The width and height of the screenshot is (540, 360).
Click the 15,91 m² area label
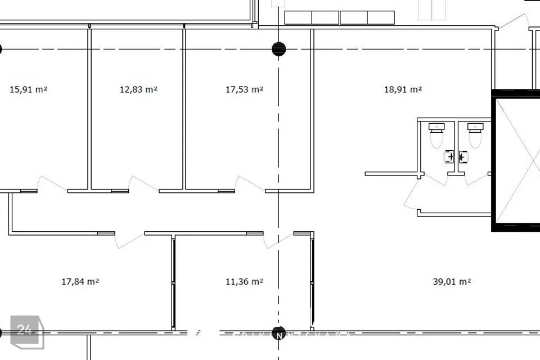click(x=29, y=89)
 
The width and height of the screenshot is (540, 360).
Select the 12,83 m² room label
click(x=138, y=89)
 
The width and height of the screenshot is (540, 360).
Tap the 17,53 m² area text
click(x=245, y=89)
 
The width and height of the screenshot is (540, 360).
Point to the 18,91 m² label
click(x=403, y=89)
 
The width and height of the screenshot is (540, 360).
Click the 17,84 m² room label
click(x=80, y=282)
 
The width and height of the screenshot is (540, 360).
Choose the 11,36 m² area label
click(x=245, y=282)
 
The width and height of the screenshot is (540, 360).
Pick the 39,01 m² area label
click(x=452, y=282)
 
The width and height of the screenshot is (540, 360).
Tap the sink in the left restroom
click(x=449, y=157)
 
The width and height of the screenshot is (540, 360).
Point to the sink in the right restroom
click(x=463, y=157)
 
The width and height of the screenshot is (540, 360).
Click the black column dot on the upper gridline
click(x=278, y=49)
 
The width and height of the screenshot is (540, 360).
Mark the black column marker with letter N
click(x=278, y=334)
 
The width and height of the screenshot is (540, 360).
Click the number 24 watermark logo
click(x=27, y=332)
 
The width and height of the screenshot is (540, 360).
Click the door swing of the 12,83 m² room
click(x=143, y=184)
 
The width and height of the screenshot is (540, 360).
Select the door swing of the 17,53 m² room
click(x=250, y=184)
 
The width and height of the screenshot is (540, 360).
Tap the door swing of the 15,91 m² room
click(x=52, y=184)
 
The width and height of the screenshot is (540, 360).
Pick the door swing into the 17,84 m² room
click(x=129, y=240)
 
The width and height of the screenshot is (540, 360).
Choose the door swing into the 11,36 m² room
click(x=278, y=240)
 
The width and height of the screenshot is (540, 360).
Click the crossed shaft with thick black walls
click(x=516, y=160)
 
